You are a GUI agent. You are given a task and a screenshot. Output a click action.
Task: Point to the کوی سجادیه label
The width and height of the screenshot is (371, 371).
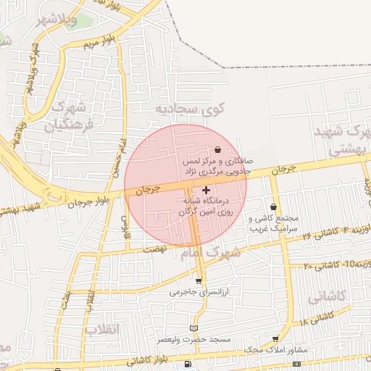pos(191,109)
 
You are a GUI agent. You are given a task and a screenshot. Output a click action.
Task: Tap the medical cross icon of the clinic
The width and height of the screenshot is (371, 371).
pos(206,189)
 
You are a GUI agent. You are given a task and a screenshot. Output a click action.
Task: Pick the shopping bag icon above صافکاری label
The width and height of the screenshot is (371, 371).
pos(218,150)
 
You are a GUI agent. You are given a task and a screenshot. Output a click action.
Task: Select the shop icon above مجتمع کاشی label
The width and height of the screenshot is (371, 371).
pos(273,207)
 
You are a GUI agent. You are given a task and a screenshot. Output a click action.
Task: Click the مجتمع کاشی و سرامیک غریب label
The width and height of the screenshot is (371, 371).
pos(275,222)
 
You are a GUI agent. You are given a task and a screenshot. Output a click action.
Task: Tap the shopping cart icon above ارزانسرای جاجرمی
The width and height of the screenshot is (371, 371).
pos(199,281)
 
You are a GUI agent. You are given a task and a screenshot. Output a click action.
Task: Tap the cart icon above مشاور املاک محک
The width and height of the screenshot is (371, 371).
pos(275,338)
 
